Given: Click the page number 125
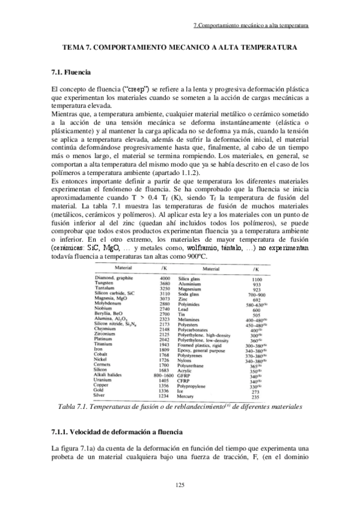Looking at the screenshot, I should click(179, 485).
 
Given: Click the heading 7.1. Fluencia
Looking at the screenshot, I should click(72, 73).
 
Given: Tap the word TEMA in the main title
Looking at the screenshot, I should click(76, 46).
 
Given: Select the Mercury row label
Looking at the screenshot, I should click(188, 381).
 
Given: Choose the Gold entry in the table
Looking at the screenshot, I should click(102, 375).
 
